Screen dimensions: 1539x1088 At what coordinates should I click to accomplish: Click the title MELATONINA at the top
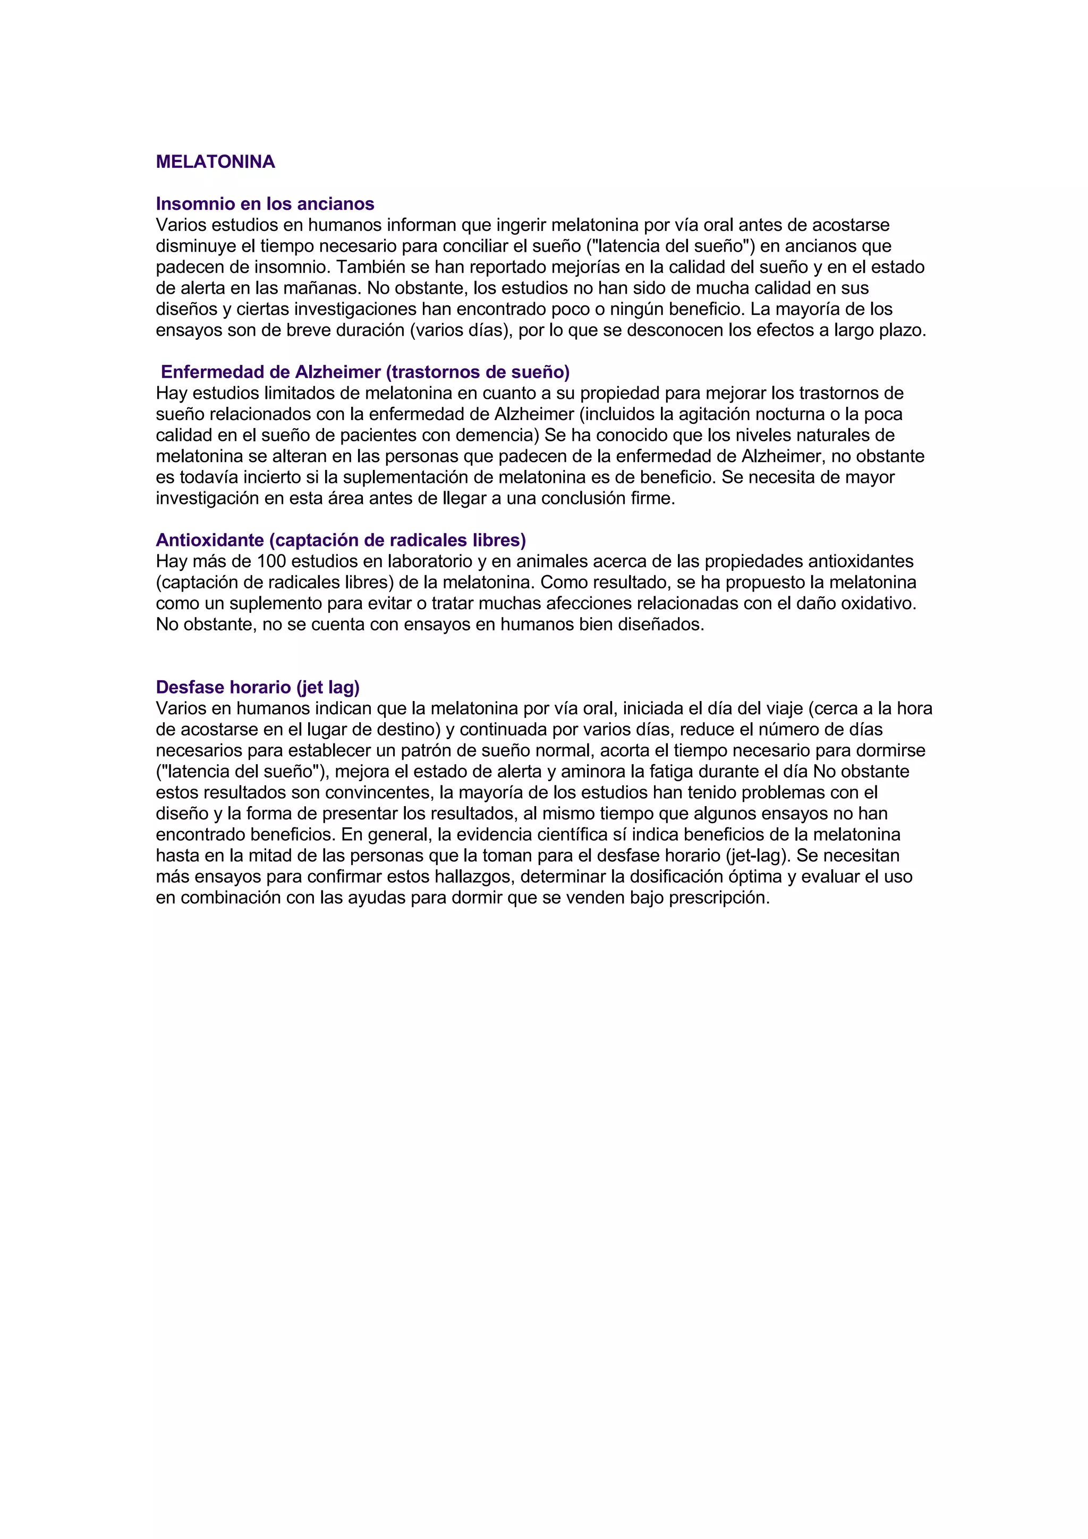[215, 162]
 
